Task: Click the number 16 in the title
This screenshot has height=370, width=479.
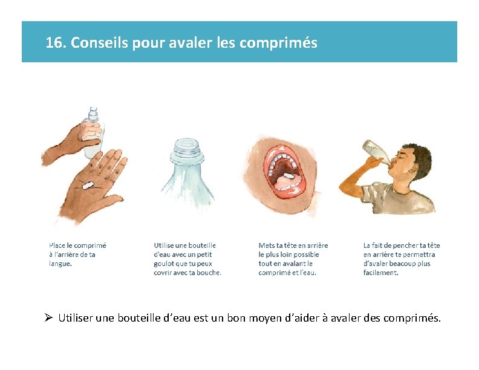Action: coord(54,42)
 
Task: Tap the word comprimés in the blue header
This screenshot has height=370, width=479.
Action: coord(278,43)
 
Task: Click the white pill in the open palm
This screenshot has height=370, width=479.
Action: coord(88,186)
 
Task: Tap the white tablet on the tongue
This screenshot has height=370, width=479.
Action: coord(288,175)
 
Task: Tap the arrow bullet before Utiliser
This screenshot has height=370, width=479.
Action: coord(48,317)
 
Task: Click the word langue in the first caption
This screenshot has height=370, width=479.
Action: coord(60,264)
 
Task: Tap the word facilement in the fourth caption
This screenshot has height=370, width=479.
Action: coord(380,273)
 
